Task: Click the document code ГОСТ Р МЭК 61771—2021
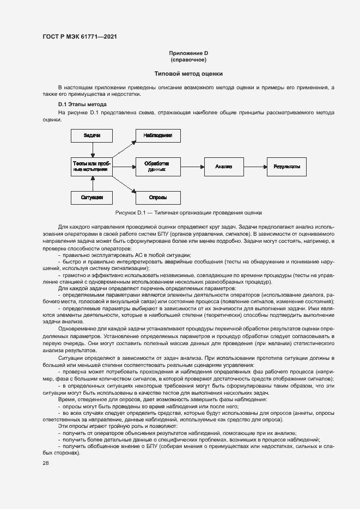(80, 37)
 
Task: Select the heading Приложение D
(188, 53)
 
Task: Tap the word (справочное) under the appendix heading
(188, 60)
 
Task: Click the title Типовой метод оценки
(188, 73)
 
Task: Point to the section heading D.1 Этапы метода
(82, 104)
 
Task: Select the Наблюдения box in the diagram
(158, 135)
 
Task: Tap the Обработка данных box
(158, 166)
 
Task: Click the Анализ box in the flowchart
(224, 166)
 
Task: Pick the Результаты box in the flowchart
(286, 166)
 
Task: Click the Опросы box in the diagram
(158, 197)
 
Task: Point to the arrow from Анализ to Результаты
(255, 166)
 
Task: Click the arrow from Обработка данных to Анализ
(192, 166)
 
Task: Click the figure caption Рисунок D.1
(188, 212)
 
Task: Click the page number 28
(46, 463)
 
